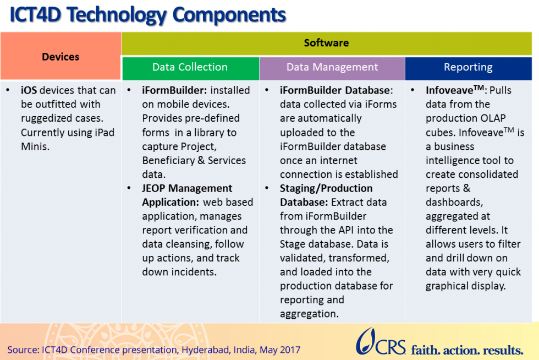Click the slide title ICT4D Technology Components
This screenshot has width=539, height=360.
pyautogui.click(x=147, y=15)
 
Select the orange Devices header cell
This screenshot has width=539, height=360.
pyautogui.click(x=61, y=57)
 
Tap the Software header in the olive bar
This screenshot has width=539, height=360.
pyautogui.click(x=326, y=43)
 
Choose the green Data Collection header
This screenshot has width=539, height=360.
pyautogui.click(x=190, y=67)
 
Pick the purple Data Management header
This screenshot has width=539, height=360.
pyautogui.click(x=332, y=67)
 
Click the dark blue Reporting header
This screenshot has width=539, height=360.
pyautogui.click(x=468, y=67)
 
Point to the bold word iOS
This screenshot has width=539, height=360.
pyautogui.click(x=30, y=90)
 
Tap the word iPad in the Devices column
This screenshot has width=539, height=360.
pyautogui.click(x=98, y=133)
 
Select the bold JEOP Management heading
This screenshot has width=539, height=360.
pyautogui.click(x=187, y=188)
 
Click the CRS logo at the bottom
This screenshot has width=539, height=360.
pyautogui.click(x=380, y=342)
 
